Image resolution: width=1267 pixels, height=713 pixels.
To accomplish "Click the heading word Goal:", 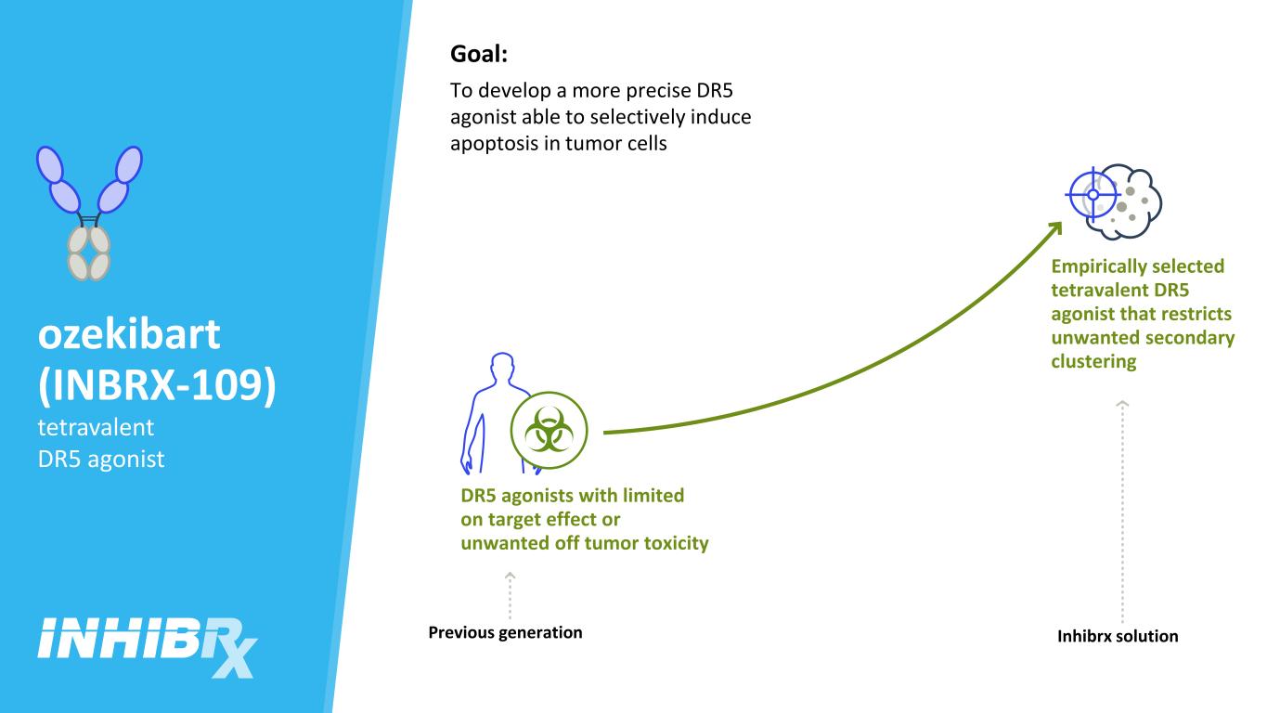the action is click(x=479, y=55).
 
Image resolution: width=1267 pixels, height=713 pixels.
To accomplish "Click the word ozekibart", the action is click(x=129, y=334).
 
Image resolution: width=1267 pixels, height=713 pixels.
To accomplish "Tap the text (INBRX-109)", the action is click(x=157, y=385).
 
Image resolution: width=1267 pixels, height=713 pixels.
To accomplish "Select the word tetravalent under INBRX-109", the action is click(x=96, y=428).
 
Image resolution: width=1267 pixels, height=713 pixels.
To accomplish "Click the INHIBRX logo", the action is click(x=148, y=647).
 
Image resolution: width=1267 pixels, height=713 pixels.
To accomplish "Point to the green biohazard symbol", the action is click(x=549, y=431).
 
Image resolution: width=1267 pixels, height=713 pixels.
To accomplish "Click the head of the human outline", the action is click(x=502, y=365).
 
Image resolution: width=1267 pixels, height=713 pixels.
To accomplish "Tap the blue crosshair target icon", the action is click(x=1092, y=195).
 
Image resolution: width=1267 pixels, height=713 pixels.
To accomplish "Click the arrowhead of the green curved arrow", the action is click(x=1054, y=228).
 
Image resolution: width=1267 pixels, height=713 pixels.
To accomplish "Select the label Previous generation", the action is click(x=505, y=632).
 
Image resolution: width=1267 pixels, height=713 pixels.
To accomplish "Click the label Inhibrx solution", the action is click(x=1118, y=637).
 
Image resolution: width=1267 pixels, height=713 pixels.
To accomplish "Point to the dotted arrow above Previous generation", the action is click(x=510, y=595).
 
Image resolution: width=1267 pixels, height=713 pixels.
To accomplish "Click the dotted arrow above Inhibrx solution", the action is click(x=1122, y=512).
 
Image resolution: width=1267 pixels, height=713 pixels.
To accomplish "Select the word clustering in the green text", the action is click(x=1093, y=362).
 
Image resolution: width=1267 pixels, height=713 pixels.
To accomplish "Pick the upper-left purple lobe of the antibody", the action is click(x=50, y=164).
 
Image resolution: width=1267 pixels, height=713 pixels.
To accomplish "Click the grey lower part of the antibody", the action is click(x=89, y=253).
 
